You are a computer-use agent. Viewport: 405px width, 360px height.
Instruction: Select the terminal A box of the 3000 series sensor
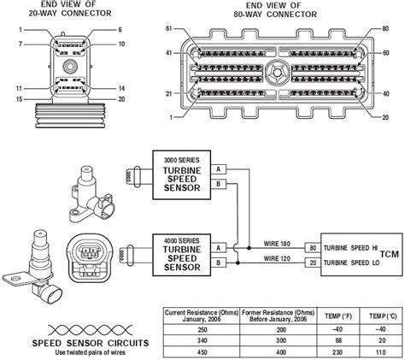[x=218, y=168]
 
